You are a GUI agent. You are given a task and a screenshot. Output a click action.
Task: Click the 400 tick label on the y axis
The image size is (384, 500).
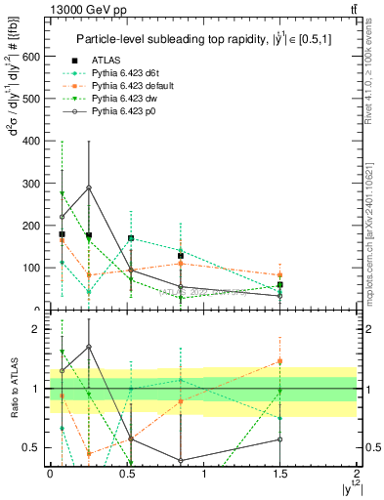pos(33,141)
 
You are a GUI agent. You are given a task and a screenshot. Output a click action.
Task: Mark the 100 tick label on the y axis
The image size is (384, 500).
pos(33,267)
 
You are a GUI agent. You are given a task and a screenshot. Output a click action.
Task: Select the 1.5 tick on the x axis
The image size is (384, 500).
pos(280,473)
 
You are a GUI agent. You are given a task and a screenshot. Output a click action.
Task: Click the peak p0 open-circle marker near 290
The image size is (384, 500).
pos(89,187)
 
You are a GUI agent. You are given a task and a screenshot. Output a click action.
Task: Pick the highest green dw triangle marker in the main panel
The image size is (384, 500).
pos(62,193)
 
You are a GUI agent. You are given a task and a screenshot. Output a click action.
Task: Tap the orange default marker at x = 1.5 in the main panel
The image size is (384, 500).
pos(280,275)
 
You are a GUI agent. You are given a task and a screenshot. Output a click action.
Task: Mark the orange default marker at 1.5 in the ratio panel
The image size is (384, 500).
pos(280,361)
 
